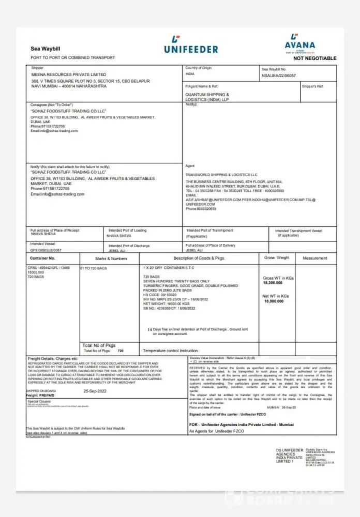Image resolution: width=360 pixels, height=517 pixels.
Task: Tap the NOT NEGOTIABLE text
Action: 314,58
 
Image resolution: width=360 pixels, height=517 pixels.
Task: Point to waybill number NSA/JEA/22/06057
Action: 279,75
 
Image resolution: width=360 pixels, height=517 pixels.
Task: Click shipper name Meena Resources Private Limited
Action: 69,74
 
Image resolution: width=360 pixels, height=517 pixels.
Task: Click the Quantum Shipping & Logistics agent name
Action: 207,97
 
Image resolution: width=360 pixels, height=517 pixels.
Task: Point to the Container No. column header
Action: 42,257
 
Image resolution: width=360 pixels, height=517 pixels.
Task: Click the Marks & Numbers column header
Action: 111,258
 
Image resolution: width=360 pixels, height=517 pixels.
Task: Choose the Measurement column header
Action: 314,257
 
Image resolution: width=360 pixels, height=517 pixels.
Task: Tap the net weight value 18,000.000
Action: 273,301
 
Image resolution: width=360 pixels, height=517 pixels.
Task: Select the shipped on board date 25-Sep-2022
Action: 95,391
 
